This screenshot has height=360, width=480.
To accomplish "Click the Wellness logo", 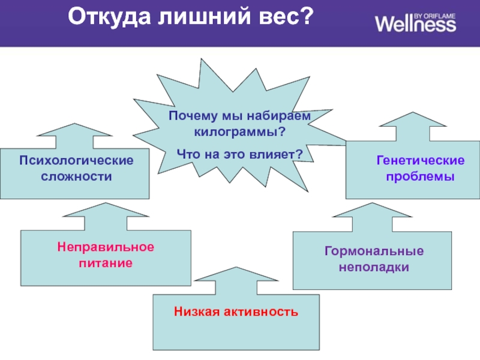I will point(415,23).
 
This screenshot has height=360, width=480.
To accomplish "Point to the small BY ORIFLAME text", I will point(435,13).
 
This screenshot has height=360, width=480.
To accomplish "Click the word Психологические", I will point(76,161).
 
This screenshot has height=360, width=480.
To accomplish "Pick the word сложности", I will point(76,177).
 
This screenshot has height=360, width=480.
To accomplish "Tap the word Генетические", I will point(421,161).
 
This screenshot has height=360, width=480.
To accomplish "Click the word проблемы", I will point(421,177).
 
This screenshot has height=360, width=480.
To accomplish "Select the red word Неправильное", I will point(106,247).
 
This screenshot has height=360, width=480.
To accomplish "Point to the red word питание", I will point(106,263).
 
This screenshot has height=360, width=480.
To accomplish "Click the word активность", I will point(260,312).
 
